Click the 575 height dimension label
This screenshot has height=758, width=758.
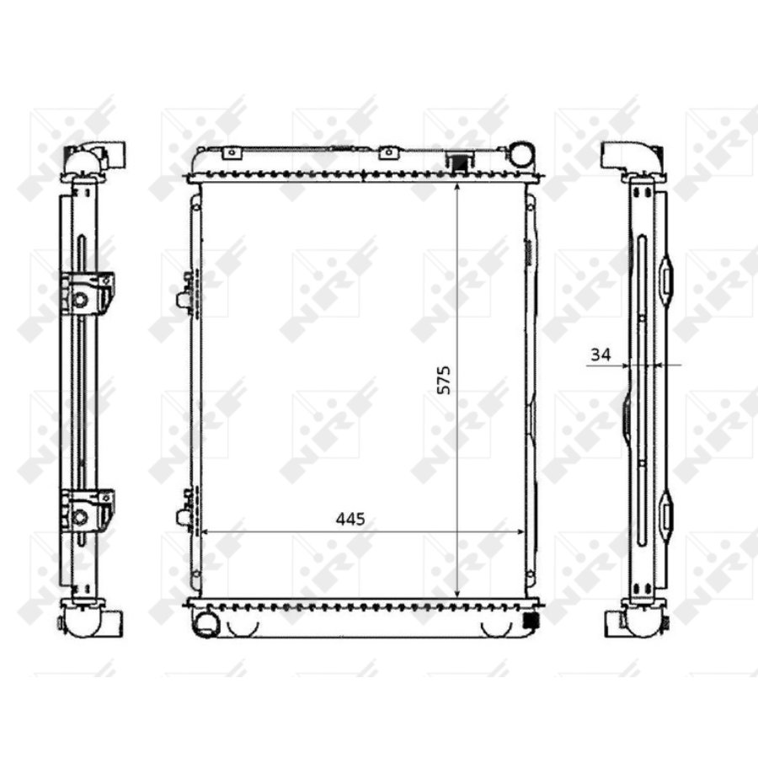(444, 380)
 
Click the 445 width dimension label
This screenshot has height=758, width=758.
(350, 519)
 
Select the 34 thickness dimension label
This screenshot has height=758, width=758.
(601, 355)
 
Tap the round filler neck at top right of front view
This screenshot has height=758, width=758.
(521, 154)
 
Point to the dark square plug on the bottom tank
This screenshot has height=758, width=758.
(531, 620)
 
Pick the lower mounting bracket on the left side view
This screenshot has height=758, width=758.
(87, 510)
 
